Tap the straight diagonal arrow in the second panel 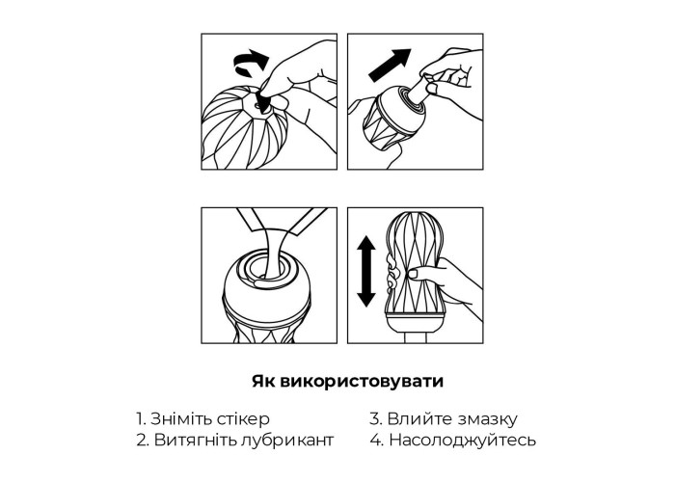pos(390,65)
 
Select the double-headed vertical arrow pos(366,271)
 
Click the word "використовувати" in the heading pos(362,382)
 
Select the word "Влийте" pos(419,419)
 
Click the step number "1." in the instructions pos(141,418)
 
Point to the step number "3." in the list pos(376,419)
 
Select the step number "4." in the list pos(377,441)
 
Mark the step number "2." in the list pos(143,441)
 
